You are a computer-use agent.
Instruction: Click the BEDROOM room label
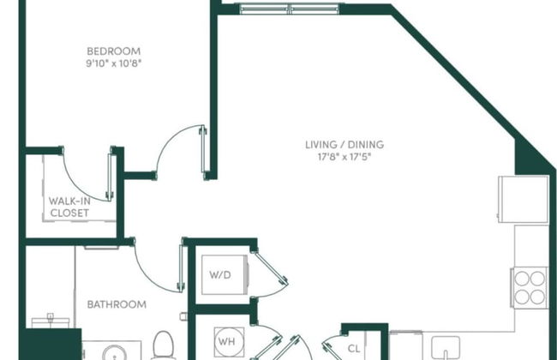(114, 51)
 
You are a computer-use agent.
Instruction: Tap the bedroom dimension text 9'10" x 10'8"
(114, 63)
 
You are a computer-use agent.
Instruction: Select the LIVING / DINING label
(342, 144)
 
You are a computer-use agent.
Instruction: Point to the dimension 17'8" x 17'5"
(342, 157)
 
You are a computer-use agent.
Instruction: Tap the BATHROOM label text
(117, 304)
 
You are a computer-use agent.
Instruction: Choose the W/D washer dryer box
(220, 276)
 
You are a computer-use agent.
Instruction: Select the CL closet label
(354, 348)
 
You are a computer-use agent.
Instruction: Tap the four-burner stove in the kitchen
(529, 287)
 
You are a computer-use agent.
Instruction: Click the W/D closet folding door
(273, 273)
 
